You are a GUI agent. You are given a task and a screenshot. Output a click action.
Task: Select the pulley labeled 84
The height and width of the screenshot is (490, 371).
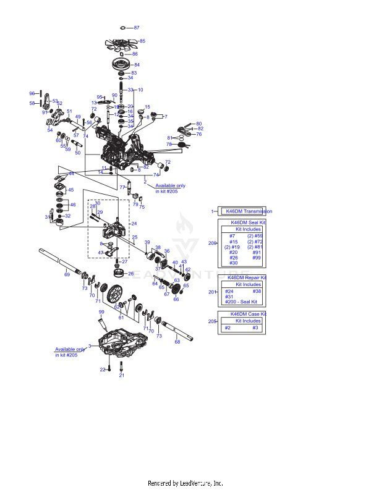click(x=120, y=64)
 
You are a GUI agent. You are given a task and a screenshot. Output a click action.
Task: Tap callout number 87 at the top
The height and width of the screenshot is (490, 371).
click(x=137, y=28)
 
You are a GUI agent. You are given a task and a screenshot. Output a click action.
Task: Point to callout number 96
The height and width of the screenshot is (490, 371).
click(x=32, y=93)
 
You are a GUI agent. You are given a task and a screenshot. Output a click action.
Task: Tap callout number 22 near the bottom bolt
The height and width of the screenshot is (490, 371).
click(x=103, y=369)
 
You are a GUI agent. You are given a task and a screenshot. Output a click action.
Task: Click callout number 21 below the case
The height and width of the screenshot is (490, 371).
click(x=122, y=375)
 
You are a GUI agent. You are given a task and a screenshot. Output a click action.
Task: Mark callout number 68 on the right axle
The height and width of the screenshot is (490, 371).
click(x=177, y=342)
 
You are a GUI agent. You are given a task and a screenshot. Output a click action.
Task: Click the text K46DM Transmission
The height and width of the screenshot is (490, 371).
click(x=249, y=211)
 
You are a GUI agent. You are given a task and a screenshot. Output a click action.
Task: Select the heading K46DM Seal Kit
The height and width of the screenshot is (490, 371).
click(x=248, y=222)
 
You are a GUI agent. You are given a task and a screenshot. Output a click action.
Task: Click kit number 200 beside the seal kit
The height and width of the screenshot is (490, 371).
click(x=212, y=243)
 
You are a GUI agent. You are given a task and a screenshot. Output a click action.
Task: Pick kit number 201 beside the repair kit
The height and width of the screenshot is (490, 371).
click(x=212, y=292)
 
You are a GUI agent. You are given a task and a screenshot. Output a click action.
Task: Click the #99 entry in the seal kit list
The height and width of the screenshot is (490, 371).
click(x=257, y=258)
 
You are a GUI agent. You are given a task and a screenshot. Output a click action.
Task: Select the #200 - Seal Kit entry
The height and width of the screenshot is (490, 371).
click(x=241, y=302)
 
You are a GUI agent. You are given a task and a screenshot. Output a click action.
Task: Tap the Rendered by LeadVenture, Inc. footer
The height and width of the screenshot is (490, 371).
click(x=185, y=483)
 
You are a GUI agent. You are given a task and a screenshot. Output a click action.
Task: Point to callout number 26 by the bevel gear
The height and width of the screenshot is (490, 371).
click(x=130, y=273)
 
